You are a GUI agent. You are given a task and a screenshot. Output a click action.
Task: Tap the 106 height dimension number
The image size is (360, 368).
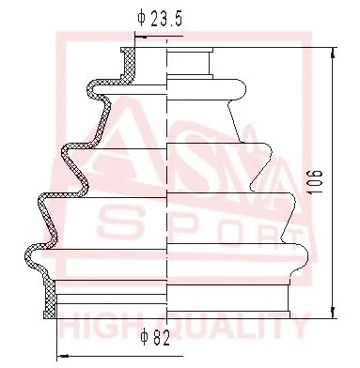point(316,180)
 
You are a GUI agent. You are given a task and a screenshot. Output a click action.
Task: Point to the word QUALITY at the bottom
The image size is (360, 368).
point(235,328)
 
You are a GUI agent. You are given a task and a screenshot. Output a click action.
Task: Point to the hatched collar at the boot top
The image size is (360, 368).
point(131,61)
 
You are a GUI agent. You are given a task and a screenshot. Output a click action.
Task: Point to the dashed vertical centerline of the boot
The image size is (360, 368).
point(166,188)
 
